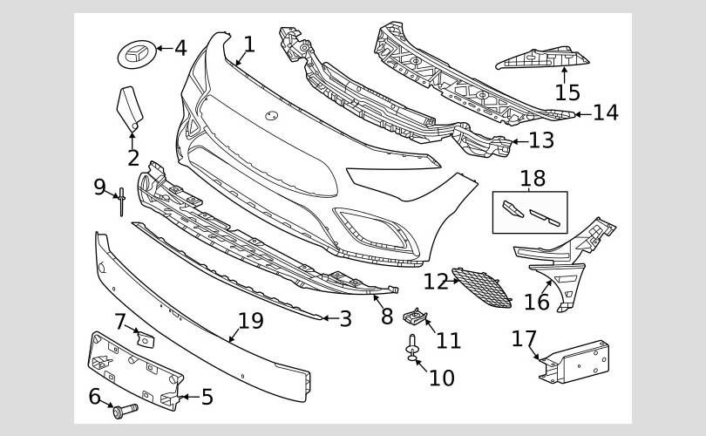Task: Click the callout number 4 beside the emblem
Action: (180, 48)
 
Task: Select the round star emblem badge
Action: (138, 54)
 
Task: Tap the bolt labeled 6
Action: (126, 411)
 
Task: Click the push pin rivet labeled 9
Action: (121, 201)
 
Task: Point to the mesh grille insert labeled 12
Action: (482, 288)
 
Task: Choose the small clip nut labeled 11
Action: (415, 317)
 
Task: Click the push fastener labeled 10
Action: (412, 348)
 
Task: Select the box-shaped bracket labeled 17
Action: (574, 362)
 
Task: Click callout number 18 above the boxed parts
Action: (533, 179)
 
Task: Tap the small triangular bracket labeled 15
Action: (542, 58)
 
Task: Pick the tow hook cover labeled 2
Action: (130, 108)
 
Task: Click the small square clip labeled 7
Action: (146, 340)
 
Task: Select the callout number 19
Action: (250, 321)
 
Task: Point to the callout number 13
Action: (541, 140)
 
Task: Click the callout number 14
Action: (606, 112)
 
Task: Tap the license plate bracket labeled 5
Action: (135, 371)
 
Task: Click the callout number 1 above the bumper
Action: (249, 44)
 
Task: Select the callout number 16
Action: (537, 303)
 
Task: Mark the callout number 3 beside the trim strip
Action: (345, 319)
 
